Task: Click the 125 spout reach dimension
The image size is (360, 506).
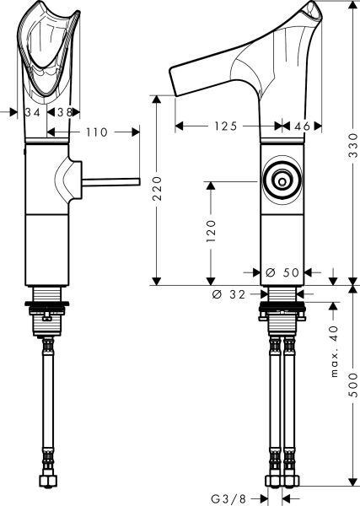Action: pyautogui.click(x=223, y=126)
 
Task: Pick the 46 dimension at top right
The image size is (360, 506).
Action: pyautogui.click(x=303, y=126)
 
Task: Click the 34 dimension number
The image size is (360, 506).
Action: pyautogui.click(x=34, y=110)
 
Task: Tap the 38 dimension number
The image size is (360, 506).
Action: pyautogui.click(x=64, y=110)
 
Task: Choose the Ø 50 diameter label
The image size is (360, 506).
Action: pyautogui.click(x=282, y=272)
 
